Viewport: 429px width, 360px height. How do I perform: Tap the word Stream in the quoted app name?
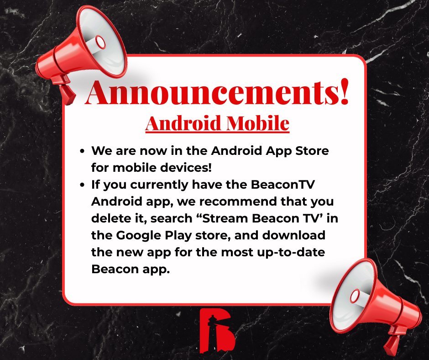click(x=216, y=218)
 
